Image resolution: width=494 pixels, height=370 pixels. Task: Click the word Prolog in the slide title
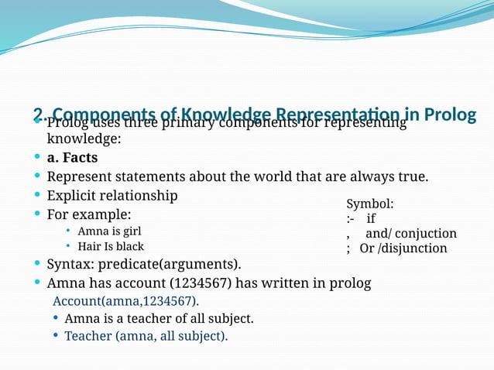pos(450,115)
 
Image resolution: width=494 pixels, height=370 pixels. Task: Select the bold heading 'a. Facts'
pos(72,158)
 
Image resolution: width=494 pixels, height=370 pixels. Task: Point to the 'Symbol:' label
pos(369,204)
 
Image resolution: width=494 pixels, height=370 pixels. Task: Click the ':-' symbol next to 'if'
pos(351,218)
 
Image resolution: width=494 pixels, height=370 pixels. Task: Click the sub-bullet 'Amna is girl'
pos(109,231)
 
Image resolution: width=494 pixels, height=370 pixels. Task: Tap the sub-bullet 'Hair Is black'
pos(111,246)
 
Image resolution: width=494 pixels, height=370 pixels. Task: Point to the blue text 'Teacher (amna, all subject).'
pos(146,335)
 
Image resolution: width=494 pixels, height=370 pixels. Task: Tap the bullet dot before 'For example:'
pos(38,214)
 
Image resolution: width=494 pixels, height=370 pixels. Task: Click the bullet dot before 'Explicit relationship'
pos(38,196)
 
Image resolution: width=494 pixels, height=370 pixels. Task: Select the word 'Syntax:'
pos(70,265)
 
